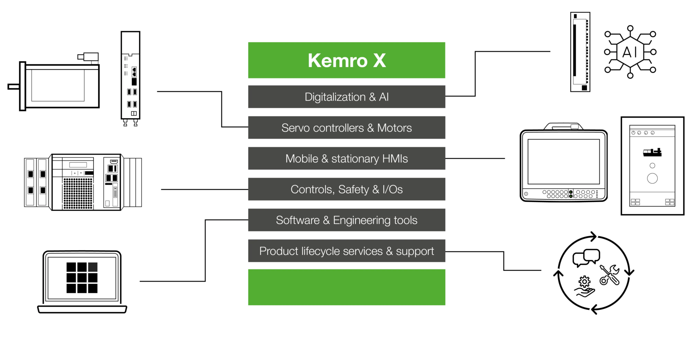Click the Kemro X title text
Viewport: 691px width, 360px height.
click(x=347, y=60)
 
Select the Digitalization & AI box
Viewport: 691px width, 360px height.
click(x=347, y=97)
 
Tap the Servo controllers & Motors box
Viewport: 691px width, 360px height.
click(x=347, y=128)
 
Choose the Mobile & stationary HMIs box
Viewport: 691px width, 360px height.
click(x=347, y=158)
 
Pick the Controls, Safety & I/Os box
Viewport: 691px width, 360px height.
click(x=347, y=189)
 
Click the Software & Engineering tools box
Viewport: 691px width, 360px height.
click(x=347, y=220)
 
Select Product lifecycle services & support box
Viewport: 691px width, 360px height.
click(x=347, y=251)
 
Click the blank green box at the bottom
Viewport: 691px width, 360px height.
click(x=347, y=287)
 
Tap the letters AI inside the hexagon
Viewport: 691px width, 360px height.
click(x=630, y=52)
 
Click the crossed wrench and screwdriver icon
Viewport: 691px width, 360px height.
click(x=610, y=275)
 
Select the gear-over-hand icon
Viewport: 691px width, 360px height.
click(x=584, y=287)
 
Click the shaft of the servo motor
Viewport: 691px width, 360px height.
click(x=14, y=86)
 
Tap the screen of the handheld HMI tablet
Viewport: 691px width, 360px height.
click(x=564, y=162)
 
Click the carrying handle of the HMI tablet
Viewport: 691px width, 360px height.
click(x=564, y=126)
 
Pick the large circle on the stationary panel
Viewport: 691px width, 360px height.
click(x=652, y=178)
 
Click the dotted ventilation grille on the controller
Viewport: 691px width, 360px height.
click(x=78, y=193)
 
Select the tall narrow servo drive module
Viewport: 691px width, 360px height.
click(x=130, y=77)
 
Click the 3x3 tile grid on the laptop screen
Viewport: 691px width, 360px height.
click(x=82, y=278)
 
